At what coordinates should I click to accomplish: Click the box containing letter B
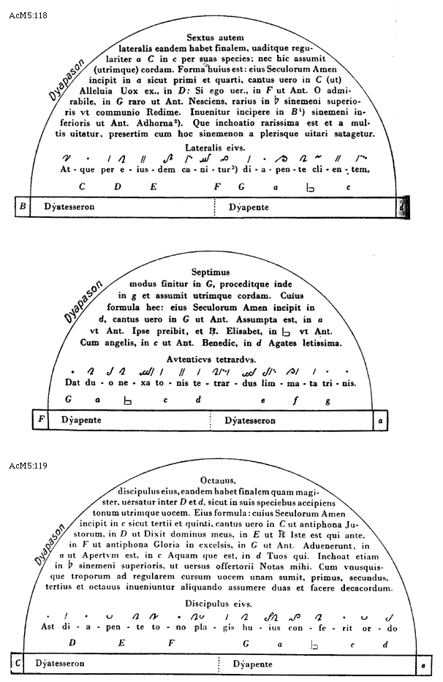pos(23,207)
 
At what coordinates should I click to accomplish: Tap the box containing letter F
pos(41,421)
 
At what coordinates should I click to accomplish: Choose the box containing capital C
pos(17,664)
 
